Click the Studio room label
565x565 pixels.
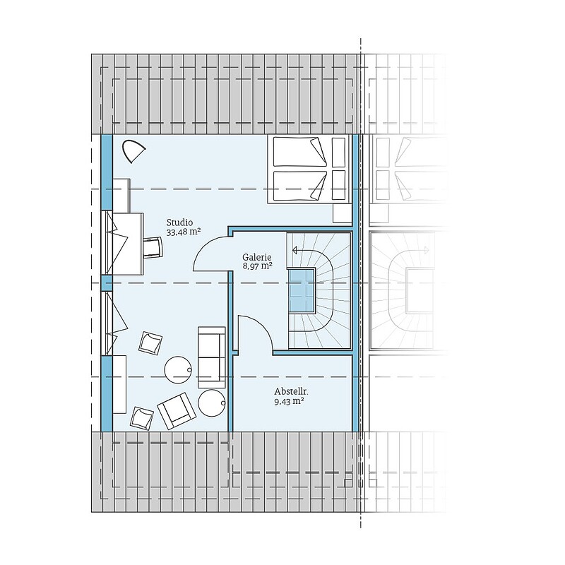coord(179,222)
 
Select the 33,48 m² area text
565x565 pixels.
coord(184,232)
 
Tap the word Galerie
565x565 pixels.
coord(256,257)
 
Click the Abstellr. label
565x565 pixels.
coord(292,392)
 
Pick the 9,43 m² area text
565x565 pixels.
coord(289,401)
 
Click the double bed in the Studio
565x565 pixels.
coord(309,169)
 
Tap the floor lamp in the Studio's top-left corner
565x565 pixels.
coord(133,151)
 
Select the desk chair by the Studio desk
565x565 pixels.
coord(153,247)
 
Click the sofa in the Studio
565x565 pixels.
coord(211,357)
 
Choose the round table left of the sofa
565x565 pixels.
coord(178,369)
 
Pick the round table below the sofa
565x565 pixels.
coord(212,403)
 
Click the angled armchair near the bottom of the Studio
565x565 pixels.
coord(177,411)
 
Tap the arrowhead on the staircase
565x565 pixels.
coord(295,250)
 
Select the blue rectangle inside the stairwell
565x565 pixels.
coord(302,291)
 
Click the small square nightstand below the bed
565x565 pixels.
coord(342,213)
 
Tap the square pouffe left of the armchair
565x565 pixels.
coord(142,418)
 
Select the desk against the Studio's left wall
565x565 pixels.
coord(128,244)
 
